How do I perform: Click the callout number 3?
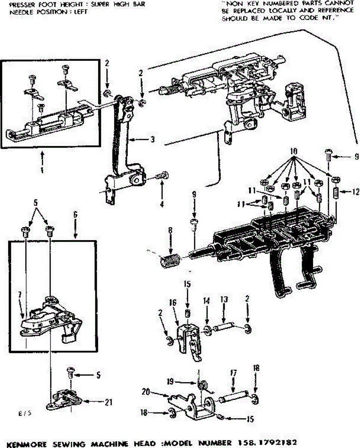[152, 140]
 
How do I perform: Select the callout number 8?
[170, 230]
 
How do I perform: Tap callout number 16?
[173, 304]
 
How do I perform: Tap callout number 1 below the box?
[42, 170]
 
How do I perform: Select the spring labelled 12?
[336, 193]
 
